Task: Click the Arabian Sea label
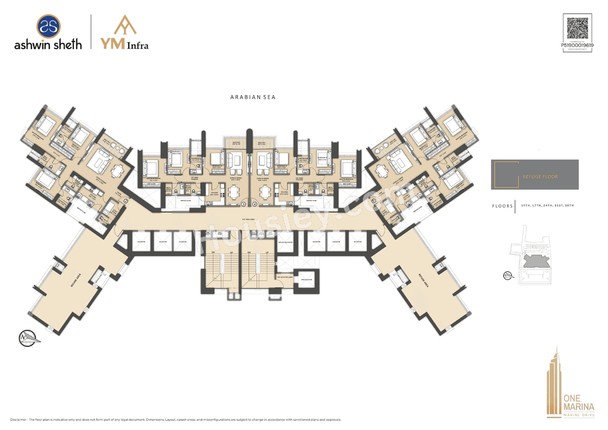pos(253,97)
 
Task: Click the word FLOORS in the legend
pos(502,206)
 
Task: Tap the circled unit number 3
pos(243,204)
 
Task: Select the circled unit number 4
pos(255,204)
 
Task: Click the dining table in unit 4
pos(265,192)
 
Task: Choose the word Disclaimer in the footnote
pos(19,420)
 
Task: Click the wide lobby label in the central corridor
pos(249,219)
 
